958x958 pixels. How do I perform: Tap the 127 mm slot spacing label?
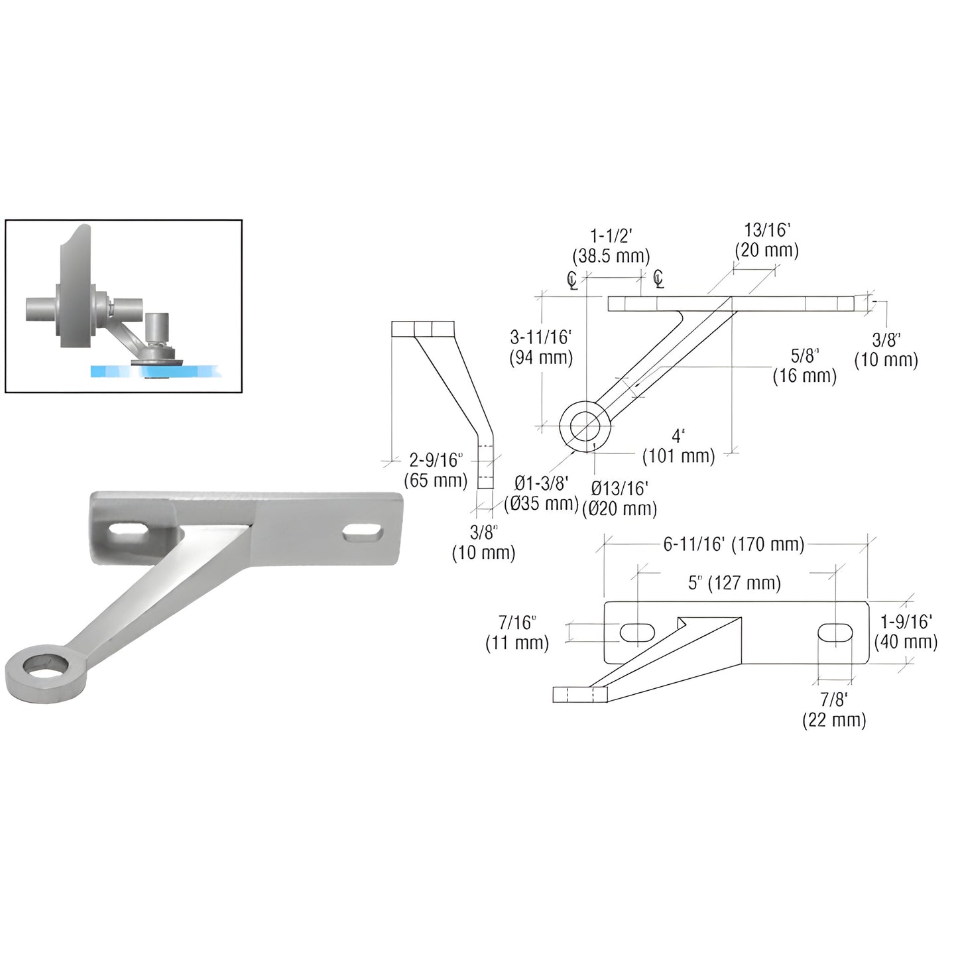(735, 583)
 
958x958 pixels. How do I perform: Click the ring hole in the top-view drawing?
(583, 424)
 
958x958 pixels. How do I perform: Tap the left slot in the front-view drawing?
(637, 632)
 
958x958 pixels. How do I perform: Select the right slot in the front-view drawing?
(835, 632)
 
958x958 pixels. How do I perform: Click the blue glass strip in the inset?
(113, 372)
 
